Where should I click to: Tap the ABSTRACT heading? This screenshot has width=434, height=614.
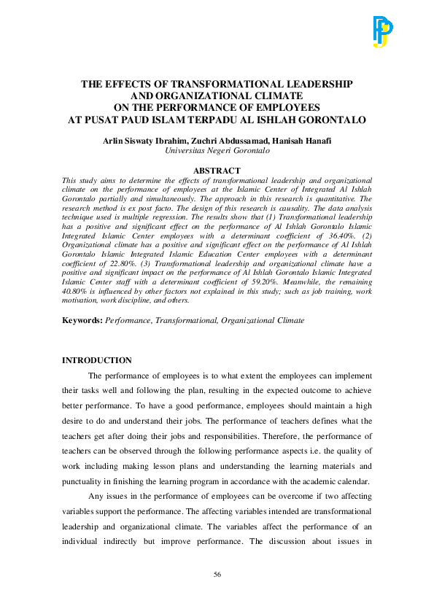pos(217,171)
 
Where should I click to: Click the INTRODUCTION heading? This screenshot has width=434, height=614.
pos(97,360)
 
